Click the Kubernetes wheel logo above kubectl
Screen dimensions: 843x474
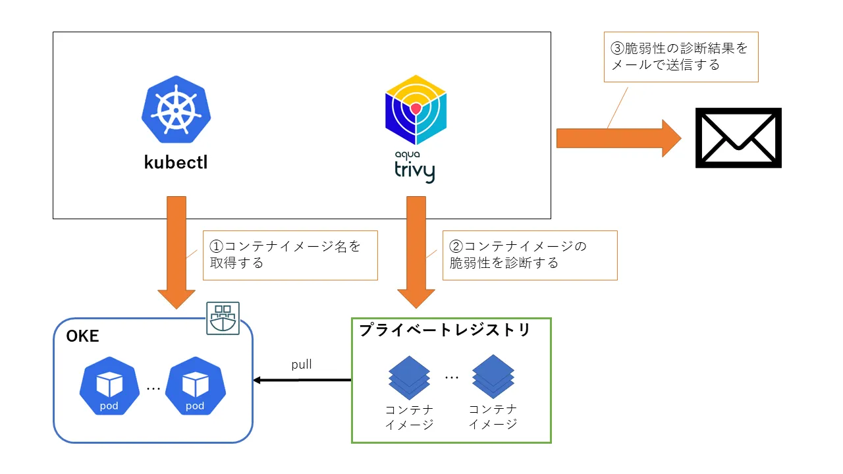[176, 109]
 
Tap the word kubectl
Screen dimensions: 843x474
[176, 163]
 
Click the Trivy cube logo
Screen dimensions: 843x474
[416, 110]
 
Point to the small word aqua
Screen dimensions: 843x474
[407, 155]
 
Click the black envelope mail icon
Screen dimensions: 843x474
[738, 138]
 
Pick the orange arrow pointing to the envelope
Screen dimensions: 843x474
[618, 138]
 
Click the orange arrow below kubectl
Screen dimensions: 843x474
[176, 252]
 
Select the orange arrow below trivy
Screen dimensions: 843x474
[416, 252]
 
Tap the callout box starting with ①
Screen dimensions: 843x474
[290, 255]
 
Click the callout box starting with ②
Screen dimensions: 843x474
[530, 255]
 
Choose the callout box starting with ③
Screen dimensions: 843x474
[681, 57]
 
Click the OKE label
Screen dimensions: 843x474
[83, 336]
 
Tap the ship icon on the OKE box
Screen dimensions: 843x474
[223, 318]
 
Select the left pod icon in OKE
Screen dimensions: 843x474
[109, 386]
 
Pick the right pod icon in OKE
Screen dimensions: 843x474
[196, 386]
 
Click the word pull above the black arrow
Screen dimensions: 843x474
[302, 365]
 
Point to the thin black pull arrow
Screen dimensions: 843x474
[302, 381]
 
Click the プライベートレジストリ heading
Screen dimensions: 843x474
[445, 330]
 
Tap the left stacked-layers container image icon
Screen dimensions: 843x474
[409, 378]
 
